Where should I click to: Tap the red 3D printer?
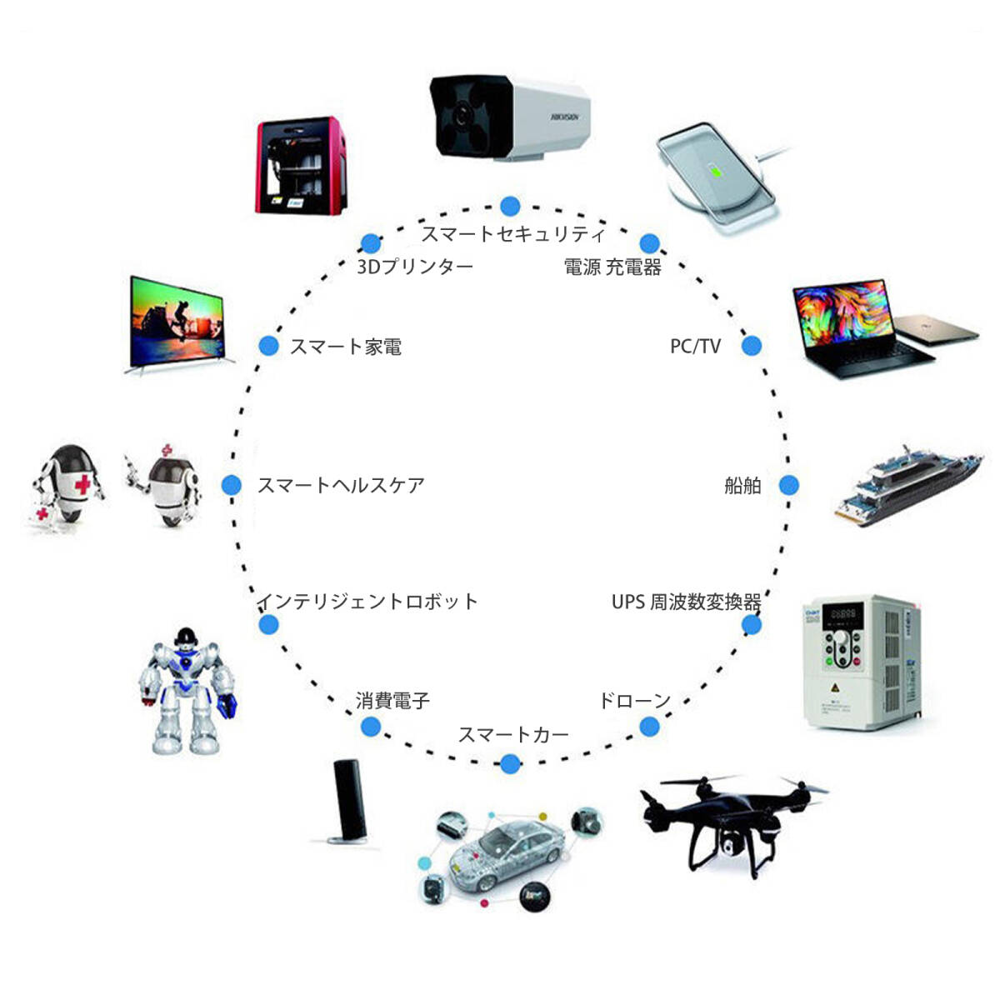pos(301,167)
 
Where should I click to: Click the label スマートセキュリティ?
pos(512,234)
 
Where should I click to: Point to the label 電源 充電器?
pos(612,267)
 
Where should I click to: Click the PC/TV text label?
pos(695,346)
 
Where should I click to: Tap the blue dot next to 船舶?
pos(788,485)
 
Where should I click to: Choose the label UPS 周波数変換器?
pos(686,602)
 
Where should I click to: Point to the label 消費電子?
pos(392,701)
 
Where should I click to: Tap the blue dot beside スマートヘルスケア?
pos(232,485)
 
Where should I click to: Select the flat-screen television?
pos(177,323)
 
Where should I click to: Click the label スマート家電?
pos(346,347)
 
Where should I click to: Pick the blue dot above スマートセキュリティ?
pos(510,206)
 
